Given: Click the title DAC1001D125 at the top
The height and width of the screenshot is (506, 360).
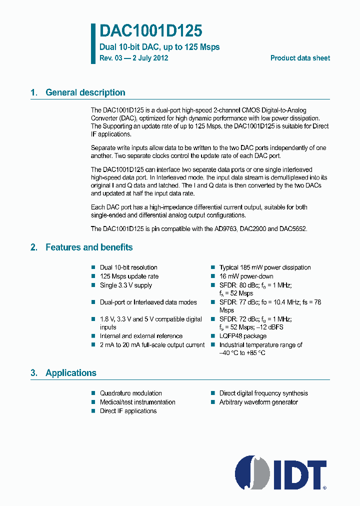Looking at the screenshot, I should tap(151, 31).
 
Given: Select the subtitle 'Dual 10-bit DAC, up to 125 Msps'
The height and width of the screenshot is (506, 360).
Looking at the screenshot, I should tap(159, 47).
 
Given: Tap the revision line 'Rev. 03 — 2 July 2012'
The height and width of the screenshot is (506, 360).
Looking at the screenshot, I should tap(134, 58).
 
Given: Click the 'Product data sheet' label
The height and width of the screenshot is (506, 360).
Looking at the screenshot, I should tap(300, 58).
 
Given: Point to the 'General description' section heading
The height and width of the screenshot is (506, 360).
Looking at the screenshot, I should tap(85, 92).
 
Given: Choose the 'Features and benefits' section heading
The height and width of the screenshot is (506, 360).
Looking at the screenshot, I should tap(89, 247).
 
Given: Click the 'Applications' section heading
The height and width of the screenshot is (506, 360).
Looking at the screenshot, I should tap(70, 373).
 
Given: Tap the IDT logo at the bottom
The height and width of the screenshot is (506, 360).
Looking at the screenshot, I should tap(280, 471).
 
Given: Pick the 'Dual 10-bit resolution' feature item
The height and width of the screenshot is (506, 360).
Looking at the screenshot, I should tap(128, 267).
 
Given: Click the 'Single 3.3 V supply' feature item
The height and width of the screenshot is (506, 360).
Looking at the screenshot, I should tap(125, 285).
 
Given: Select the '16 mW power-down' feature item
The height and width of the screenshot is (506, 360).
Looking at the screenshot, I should tap(246, 276).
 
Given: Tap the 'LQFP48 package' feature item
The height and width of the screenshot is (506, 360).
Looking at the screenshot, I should tap(242, 336).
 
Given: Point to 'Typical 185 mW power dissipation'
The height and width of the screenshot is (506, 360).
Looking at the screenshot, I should tap(265, 267).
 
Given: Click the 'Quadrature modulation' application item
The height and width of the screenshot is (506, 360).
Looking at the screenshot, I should tap(130, 393).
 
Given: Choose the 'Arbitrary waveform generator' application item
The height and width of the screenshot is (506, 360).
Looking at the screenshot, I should tap(258, 402).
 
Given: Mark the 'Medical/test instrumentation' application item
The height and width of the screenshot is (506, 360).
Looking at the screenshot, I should tap(137, 402).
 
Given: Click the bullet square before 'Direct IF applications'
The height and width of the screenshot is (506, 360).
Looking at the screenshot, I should tap(93, 411).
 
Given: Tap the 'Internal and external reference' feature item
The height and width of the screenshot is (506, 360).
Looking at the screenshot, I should tap(141, 336).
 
